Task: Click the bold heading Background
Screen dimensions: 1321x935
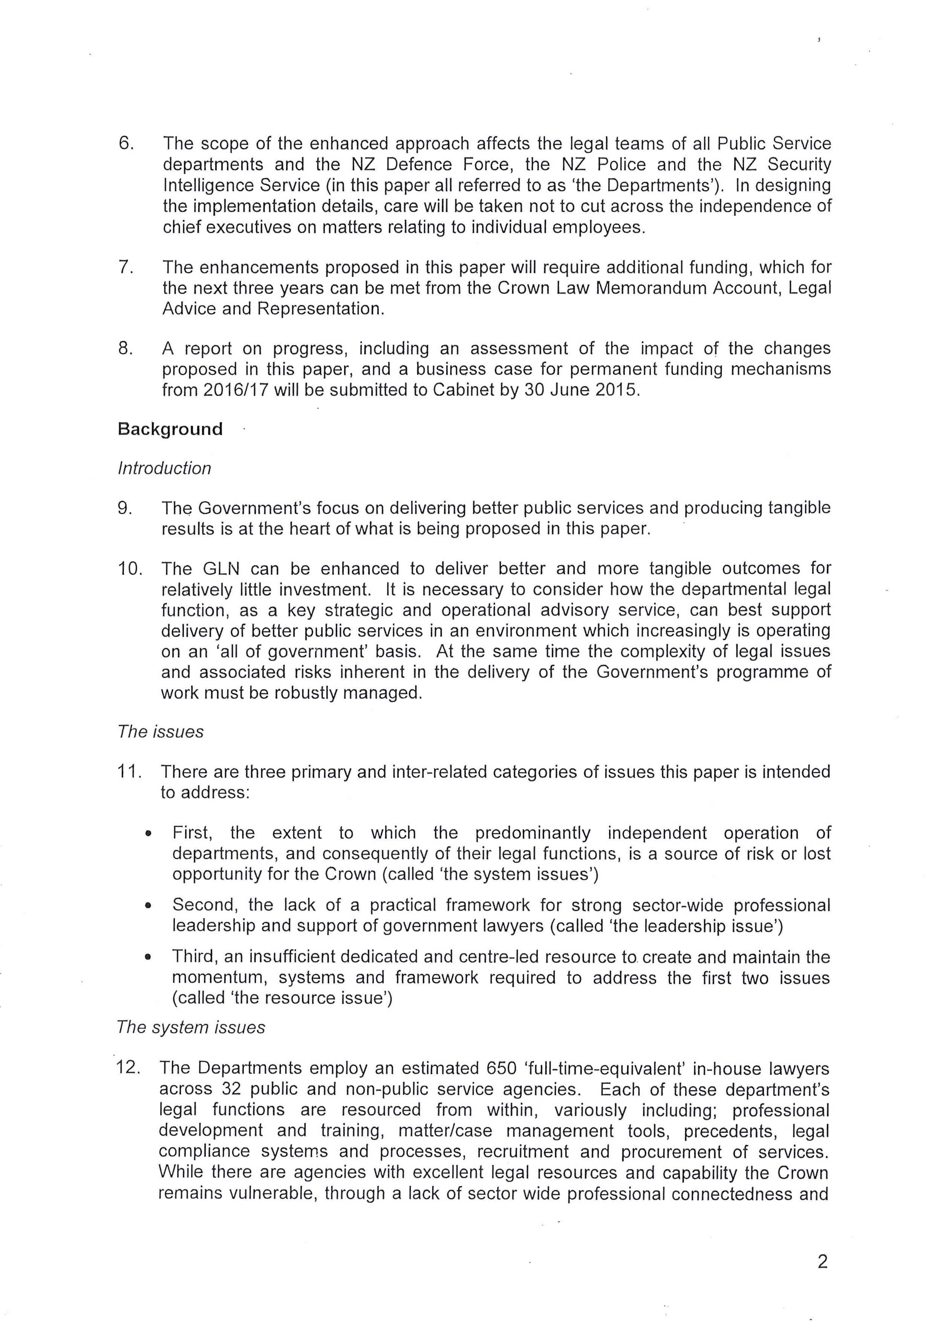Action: click(170, 429)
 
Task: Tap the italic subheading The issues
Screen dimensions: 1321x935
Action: click(160, 732)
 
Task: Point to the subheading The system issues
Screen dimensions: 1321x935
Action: click(191, 1028)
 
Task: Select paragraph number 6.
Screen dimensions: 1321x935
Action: click(125, 143)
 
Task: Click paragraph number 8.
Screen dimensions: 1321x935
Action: click(125, 349)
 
